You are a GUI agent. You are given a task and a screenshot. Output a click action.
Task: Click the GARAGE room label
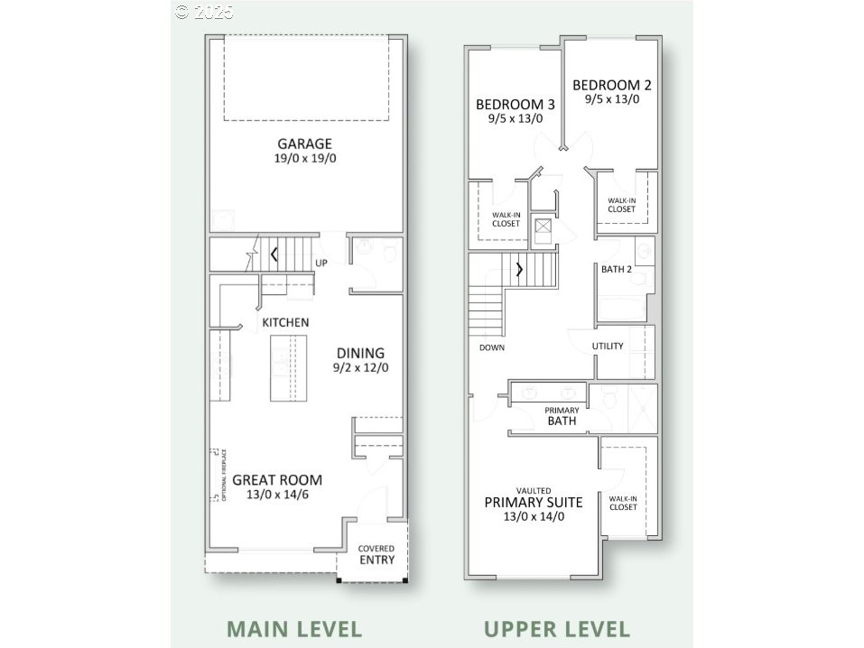(304, 143)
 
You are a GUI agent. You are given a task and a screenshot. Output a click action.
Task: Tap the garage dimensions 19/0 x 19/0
(304, 159)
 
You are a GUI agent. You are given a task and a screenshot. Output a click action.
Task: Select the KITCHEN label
(285, 322)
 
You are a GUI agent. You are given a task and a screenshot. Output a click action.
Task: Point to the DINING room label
(360, 353)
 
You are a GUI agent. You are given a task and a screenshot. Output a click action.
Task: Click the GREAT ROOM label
(276, 480)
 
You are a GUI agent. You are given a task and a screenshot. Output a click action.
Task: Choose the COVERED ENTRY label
(376, 554)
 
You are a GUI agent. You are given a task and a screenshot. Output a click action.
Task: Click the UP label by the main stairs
(321, 264)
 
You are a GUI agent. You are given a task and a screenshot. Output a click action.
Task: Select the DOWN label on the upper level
(492, 347)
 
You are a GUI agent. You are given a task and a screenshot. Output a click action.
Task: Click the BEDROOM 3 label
(516, 104)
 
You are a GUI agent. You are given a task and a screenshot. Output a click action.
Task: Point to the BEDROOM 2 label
(611, 85)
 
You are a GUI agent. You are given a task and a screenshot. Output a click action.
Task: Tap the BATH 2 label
(617, 269)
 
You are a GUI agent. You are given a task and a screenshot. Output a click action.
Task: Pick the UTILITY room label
(608, 347)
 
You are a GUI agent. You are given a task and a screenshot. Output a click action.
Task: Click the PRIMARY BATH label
(561, 416)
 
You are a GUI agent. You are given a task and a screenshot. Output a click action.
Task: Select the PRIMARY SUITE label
(534, 502)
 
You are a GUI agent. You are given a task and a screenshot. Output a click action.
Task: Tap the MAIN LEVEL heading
(293, 628)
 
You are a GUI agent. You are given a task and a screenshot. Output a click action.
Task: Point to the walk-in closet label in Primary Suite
(623, 502)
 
